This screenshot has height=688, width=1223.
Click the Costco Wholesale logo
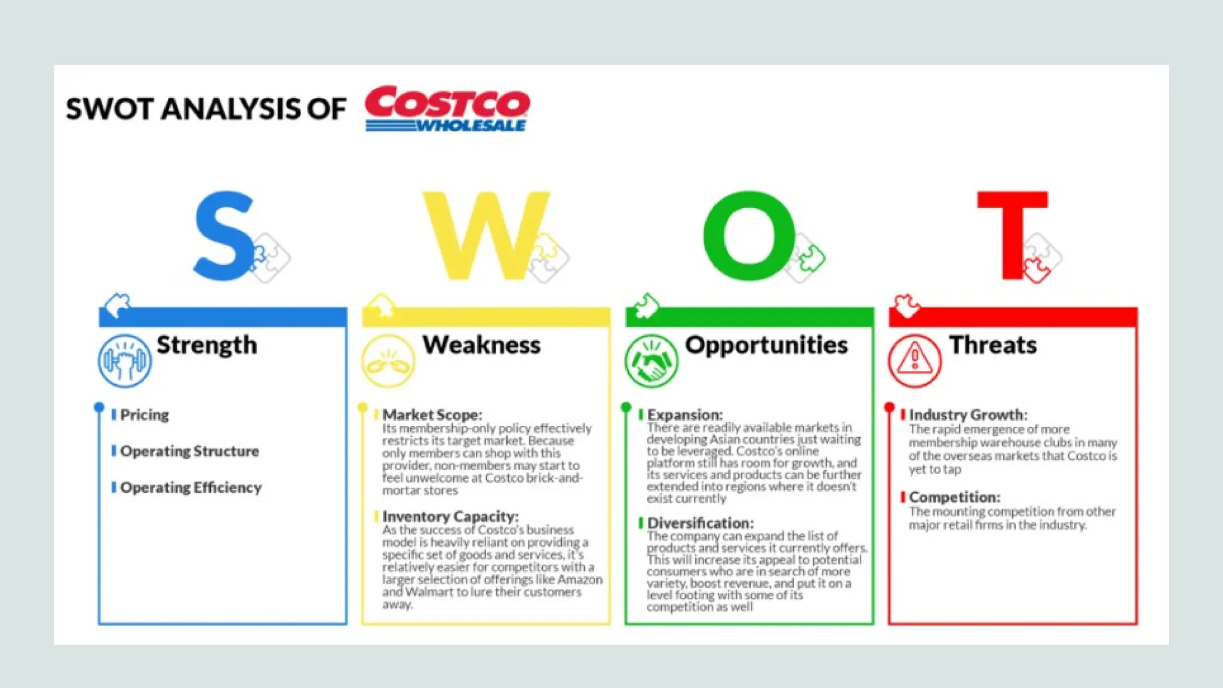tap(447, 109)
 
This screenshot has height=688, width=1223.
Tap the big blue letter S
tap(225, 236)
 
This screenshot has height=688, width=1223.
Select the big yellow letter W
tap(485, 236)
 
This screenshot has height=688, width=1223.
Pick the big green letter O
tap(749, 236)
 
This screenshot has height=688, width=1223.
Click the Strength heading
tap(207, 345)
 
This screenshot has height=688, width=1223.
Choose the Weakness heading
tap(481, 345)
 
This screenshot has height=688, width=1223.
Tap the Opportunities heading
tap(766, 345)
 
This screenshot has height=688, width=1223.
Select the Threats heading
tap(993, 345)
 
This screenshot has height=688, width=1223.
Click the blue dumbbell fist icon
tap(125, 361)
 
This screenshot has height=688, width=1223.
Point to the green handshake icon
tap(652, 361)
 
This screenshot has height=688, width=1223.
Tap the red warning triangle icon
tap(914, 361)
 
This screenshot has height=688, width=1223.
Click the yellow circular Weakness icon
tap(388, 361)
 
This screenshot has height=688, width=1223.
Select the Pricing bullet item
tap(145, 414)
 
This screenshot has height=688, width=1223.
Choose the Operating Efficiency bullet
tap(191, 487)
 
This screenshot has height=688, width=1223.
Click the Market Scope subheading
tap(432, 414)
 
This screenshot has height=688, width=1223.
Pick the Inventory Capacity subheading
tap(450, 516)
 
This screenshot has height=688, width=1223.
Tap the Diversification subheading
tap(700, 523)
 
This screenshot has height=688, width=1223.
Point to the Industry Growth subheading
tap(968, 414)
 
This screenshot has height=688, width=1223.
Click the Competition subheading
tap(954, 497)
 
